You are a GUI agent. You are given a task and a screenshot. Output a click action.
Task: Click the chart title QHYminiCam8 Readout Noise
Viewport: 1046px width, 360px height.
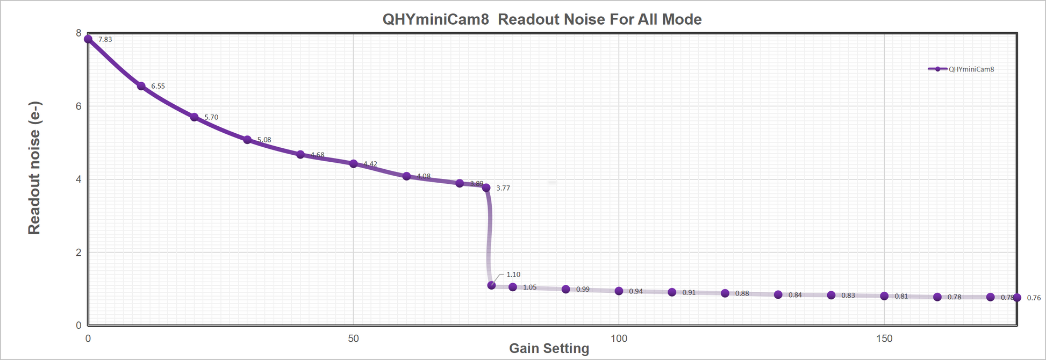click(x=542, y=19)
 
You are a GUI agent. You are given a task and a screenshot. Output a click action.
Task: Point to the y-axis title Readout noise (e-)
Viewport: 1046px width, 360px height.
click(x=34, y=168)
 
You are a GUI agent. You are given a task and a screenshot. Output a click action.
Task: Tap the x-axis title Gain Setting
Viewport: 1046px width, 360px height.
click(x=549, y=348)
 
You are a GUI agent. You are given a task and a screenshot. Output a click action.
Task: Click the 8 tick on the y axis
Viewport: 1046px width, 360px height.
click(x=78, y=33)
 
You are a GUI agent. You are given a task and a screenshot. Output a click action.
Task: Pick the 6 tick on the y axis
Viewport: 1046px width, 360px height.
click(x=78, y=106)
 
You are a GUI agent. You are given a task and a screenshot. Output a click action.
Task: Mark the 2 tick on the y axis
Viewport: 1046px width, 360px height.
click(x=78, y=253)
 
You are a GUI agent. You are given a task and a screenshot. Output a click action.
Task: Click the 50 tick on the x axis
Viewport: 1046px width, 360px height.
click(x=353, y=339)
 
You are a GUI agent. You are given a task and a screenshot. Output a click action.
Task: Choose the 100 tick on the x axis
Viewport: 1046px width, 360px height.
click(x=619, y=339)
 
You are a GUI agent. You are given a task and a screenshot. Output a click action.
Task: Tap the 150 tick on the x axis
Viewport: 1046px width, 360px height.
click(x=884, y=339)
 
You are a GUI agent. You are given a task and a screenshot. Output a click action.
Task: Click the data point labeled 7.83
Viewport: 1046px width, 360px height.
click(x=88, y=39)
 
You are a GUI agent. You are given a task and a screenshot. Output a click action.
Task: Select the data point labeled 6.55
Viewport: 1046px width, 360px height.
click(x=141, y=86)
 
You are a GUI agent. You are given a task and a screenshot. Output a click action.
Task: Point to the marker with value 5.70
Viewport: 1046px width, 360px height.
click(x=195, y=117)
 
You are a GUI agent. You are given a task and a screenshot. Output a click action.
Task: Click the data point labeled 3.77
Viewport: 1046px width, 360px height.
click(x=486, y=188)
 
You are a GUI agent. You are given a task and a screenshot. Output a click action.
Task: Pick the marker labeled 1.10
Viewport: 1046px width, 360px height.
click(x=491, y=285)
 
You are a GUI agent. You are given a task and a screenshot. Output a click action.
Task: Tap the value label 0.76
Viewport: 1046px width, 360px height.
click(x=1034, y=298)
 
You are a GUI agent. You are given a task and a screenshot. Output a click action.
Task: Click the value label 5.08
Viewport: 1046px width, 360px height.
click(x=264, y=140)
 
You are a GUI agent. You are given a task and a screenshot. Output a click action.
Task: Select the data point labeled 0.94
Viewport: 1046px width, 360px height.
click(x=619, y=291)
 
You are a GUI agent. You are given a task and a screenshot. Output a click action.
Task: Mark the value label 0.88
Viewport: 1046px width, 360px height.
click(x=742, y=293)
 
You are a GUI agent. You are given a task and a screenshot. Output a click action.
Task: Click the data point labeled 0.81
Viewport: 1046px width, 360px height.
click(x=884, y=296)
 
